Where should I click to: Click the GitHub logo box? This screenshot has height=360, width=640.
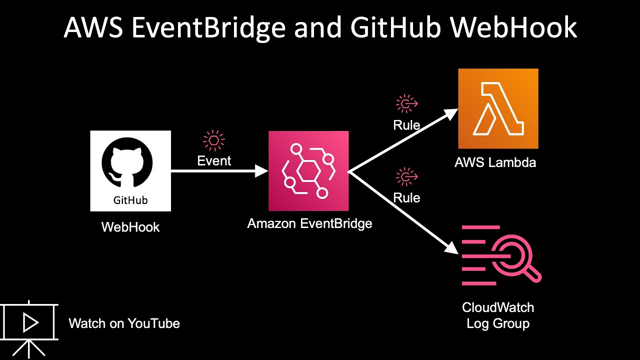click(130, 170)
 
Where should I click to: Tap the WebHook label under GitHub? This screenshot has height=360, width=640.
click(130, 227)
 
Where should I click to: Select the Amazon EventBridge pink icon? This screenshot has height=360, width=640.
click(308, 171)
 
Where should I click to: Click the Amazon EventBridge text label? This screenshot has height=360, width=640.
click(309, 223)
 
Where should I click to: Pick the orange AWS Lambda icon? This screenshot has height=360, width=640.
click(498, 108)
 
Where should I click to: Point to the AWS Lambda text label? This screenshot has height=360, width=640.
click(495, 162)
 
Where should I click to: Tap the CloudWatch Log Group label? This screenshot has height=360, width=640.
click(497, 315)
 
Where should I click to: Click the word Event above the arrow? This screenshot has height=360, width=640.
click(214, 160)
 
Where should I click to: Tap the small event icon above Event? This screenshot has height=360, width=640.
click(214, 140)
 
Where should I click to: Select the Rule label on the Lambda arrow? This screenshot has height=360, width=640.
click(406, 125)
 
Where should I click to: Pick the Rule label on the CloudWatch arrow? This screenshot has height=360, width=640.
click(406, 197)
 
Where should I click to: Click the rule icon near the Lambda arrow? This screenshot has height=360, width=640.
click(406, 103)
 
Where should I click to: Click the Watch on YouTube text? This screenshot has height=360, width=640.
click(124, 323)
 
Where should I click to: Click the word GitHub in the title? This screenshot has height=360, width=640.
click(395, 28)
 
